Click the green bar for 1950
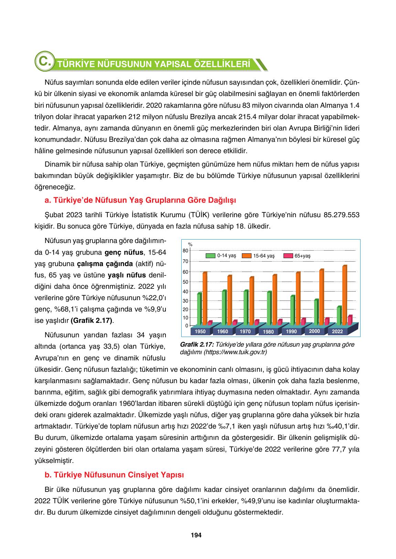(x=199, y=309)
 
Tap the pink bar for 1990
(x=303, y=321)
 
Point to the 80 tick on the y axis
(x=185, y=250)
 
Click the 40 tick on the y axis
(x=185, y=292)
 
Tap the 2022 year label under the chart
(x=338, y=331)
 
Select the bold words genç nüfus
(x=124, y=252)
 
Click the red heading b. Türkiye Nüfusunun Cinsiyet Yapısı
(x=114, y=475)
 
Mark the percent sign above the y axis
(x=190, y=244)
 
